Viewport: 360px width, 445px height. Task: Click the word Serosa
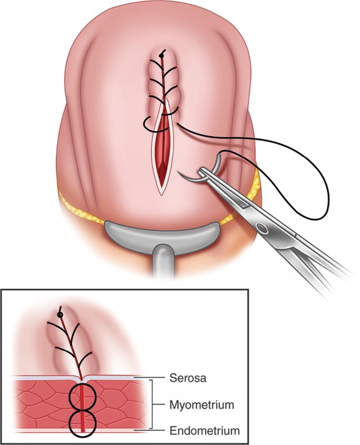pos(188,378)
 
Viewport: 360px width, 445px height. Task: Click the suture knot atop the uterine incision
pos(162,54)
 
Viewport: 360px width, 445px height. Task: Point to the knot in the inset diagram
pos(60,314)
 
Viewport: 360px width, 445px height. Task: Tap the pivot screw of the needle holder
pos(261,228)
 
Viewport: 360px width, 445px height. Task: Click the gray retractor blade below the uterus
pos(160,231)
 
